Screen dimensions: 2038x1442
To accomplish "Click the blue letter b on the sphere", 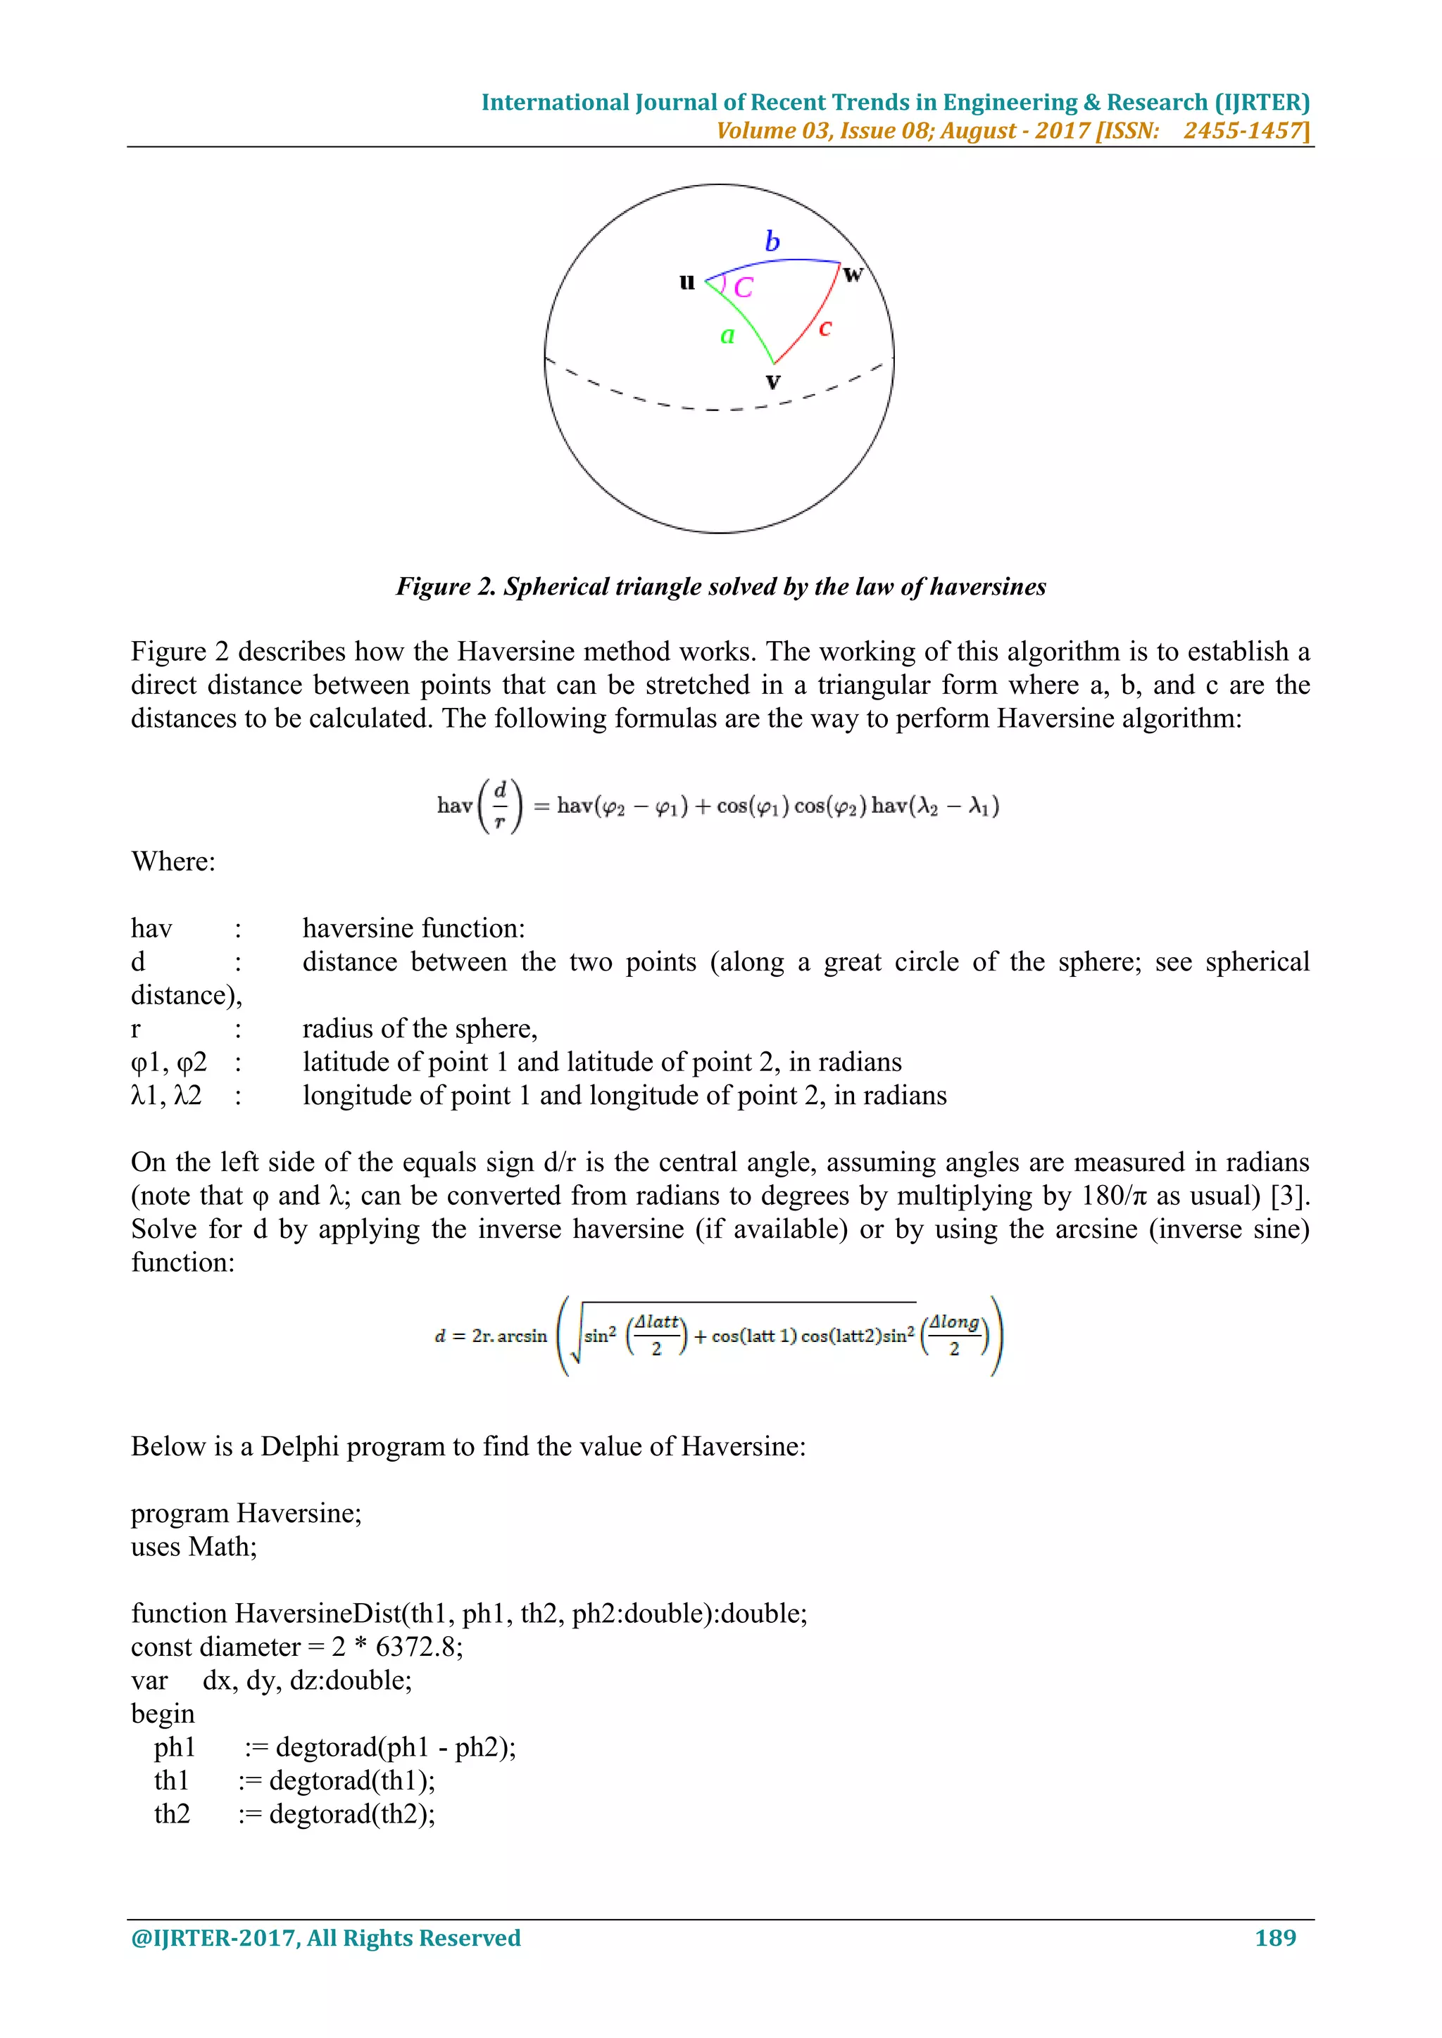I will click(x=772, y=241).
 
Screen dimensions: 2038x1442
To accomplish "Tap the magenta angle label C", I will click(x=744, y=288).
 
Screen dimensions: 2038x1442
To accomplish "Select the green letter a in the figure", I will click(x=727, y=336).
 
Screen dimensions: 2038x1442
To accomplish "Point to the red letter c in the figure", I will click(x=825, y=329).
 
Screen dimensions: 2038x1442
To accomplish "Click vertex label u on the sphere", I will click(x=686, y=283).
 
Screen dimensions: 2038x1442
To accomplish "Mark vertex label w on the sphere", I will click(x=853, y=275).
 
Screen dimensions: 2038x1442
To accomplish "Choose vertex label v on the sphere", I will click(x=772, y=383).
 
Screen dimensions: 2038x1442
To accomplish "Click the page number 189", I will click(x=1275, y=1937).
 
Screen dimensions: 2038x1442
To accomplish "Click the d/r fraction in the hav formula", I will click(x=500, y=806).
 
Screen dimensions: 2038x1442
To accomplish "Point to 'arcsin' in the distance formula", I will click(x=522, y=1336).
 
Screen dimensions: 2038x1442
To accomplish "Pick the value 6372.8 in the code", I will click(x=415, y=1647).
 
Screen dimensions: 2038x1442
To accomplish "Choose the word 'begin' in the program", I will click(x=163, y=1714).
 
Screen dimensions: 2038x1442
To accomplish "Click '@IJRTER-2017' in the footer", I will click(x=214, y=1937).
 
